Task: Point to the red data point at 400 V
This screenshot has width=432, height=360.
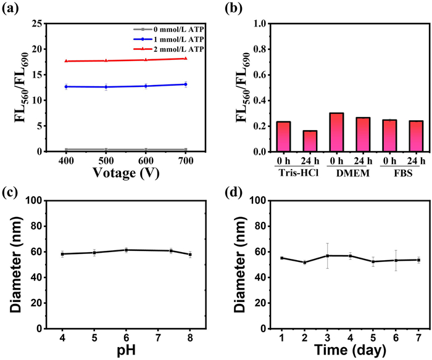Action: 65,61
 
